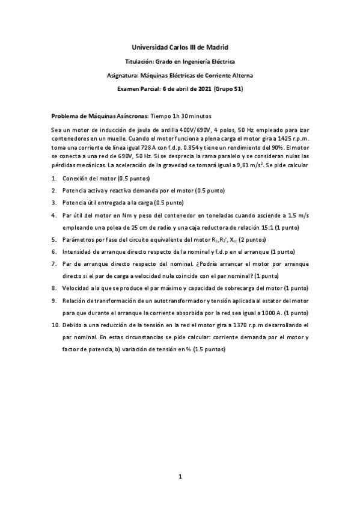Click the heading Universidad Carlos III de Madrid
pos(180,47)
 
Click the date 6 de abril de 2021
pos(183,89)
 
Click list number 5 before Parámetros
pos(53,239)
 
